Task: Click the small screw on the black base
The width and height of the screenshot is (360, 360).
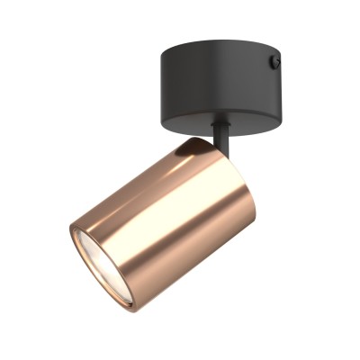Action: (x=275, y=62)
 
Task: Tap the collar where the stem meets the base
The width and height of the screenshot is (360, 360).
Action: (x=220, y=125)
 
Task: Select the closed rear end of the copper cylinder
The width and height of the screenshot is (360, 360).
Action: (x=229, y=171)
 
